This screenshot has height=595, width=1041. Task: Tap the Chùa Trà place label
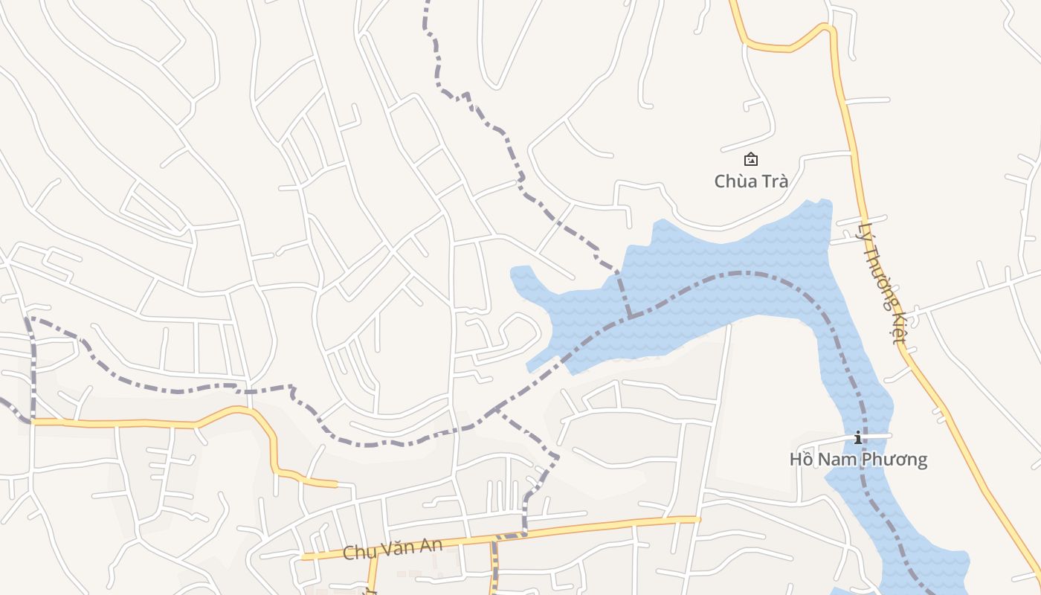pyautogui.click(x=750, y=181)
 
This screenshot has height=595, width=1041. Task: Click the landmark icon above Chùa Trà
pyautogui.click(x=751, y=158)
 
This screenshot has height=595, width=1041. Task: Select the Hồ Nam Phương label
pyautogui.click(x=858, y=459)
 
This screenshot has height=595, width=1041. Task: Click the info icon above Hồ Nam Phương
pyautogui.click(x=858, y=437)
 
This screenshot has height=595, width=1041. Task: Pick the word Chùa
pyautogui.click(x=734, y=181)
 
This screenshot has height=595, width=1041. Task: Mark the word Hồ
pyautogui.click(x=802, y=459)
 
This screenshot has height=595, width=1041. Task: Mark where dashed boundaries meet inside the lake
pyautogui.click(x=631, y=317)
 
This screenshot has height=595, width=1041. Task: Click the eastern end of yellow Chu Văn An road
pyautogui.click(x=697, y=519)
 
